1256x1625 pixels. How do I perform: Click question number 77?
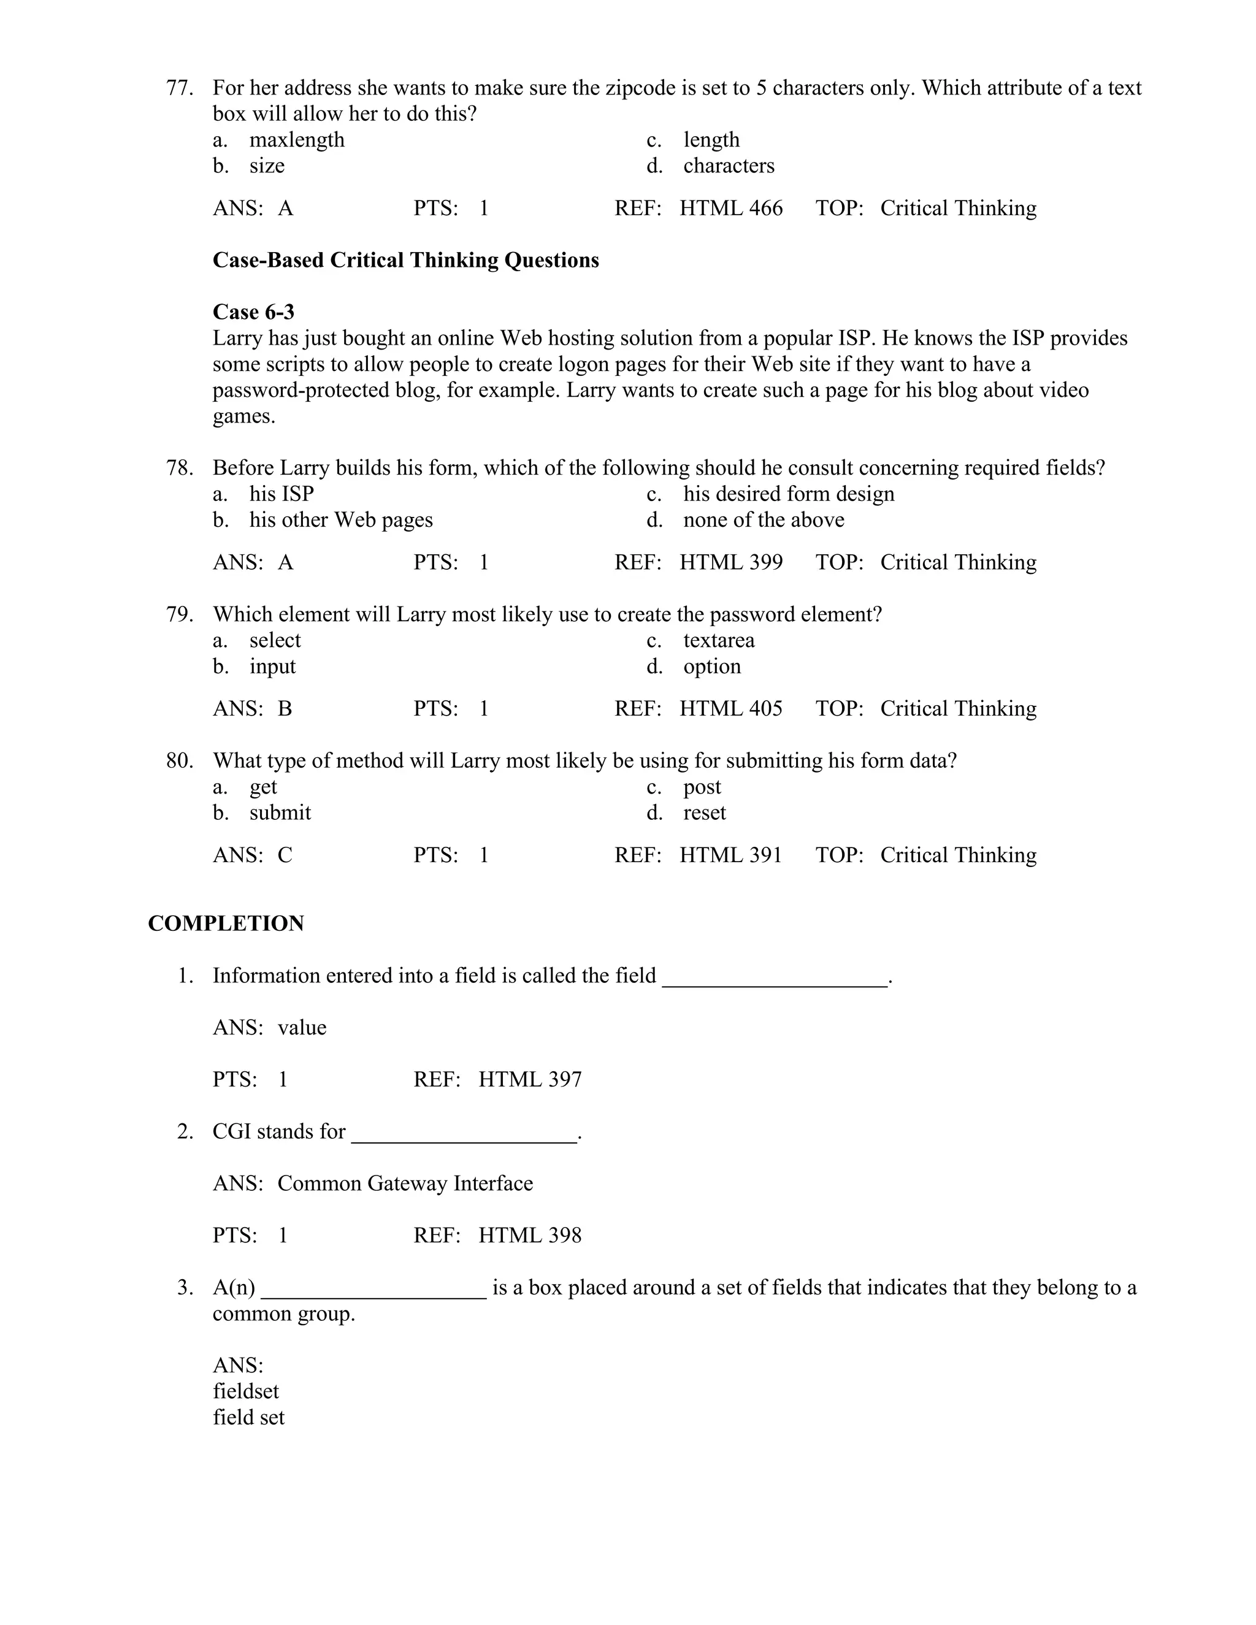tap(179, 88)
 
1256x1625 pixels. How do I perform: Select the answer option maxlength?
tap(297, 140)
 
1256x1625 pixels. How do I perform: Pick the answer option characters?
tap(729, 166)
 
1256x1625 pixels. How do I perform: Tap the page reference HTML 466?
tap(730, 208)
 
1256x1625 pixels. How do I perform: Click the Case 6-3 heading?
tap(254, 312)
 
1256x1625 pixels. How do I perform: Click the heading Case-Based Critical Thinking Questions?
tap(405, 261)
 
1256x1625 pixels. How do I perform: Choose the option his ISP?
tap(281, 494)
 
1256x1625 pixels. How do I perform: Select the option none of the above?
tap(764, 520)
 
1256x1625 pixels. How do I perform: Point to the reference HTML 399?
tap(730, 562)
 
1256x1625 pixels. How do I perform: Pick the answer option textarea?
tap(719, 641)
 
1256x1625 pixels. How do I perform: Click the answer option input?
tap(272, 667)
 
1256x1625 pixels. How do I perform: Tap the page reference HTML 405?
tap(730, 709)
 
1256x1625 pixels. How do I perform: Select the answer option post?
tap(702, 787)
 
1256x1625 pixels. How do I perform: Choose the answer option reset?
tap(704, 813)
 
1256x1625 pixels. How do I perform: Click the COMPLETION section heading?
tap(226, 923)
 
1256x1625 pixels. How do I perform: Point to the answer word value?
tap(302, 1028)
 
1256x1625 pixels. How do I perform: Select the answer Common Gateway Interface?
tap(405, 1183)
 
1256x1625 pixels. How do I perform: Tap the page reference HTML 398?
tap(530, 1236)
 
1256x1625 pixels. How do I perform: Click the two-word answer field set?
tap(248, 1417)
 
